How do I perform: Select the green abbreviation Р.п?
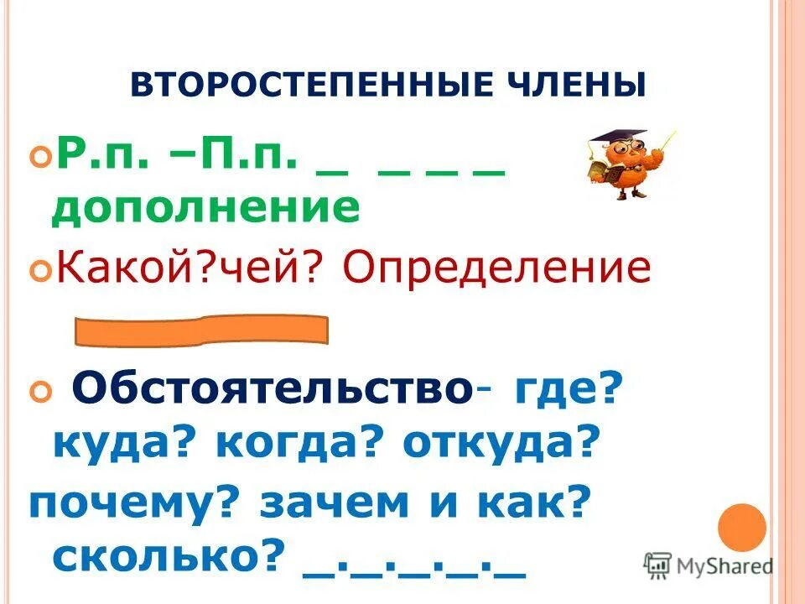(91, 157)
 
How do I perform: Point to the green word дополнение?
(205, 206)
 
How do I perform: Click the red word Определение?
(496, 268)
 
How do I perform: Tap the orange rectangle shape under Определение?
(201, 331)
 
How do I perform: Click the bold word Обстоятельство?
(269, 390)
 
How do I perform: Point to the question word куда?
(125, 442)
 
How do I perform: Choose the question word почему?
(133, 502)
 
